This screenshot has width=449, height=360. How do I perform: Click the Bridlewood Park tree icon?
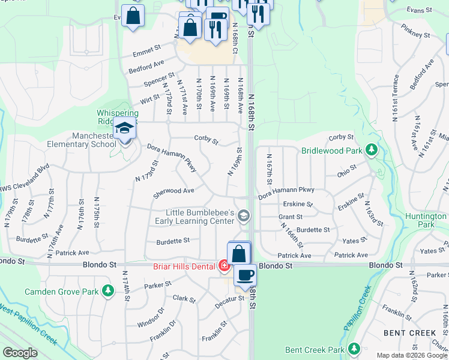372,149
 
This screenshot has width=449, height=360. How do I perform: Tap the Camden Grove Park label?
61,292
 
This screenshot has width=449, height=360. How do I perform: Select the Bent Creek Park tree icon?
354,349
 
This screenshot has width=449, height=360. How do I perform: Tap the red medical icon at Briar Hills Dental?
224,265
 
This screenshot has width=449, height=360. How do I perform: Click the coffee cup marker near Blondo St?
245,274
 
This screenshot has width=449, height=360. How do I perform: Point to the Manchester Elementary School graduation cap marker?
125,128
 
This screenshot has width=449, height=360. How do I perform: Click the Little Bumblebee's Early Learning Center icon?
243,215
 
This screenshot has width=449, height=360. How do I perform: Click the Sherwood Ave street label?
173,191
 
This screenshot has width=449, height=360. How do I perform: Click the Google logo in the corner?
20,353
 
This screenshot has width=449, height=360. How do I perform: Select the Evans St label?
419,10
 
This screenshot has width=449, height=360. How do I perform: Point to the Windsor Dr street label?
151,317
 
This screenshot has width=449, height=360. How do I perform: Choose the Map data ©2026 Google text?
412,355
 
